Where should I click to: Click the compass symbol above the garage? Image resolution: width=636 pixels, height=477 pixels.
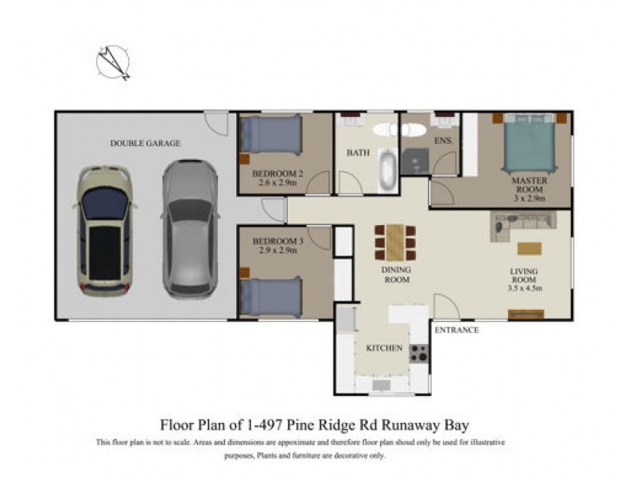[x=113, y=63]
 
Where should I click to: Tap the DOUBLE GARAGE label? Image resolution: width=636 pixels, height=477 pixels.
[x=145, y=143]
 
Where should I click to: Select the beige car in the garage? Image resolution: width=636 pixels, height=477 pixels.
[x=104, y=231]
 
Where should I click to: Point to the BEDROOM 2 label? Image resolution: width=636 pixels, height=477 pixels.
[x=278, y=174]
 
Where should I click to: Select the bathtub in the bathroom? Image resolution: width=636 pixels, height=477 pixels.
[x=386, y=169]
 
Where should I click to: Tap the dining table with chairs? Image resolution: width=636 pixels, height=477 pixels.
[x=395, y=242]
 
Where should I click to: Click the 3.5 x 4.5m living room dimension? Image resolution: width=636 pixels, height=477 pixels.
[x=525, y=289]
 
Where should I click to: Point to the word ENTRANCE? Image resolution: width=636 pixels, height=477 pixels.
[x=456, y=330]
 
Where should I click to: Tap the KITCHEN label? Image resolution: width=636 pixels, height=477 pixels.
[x=385, y=349]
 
